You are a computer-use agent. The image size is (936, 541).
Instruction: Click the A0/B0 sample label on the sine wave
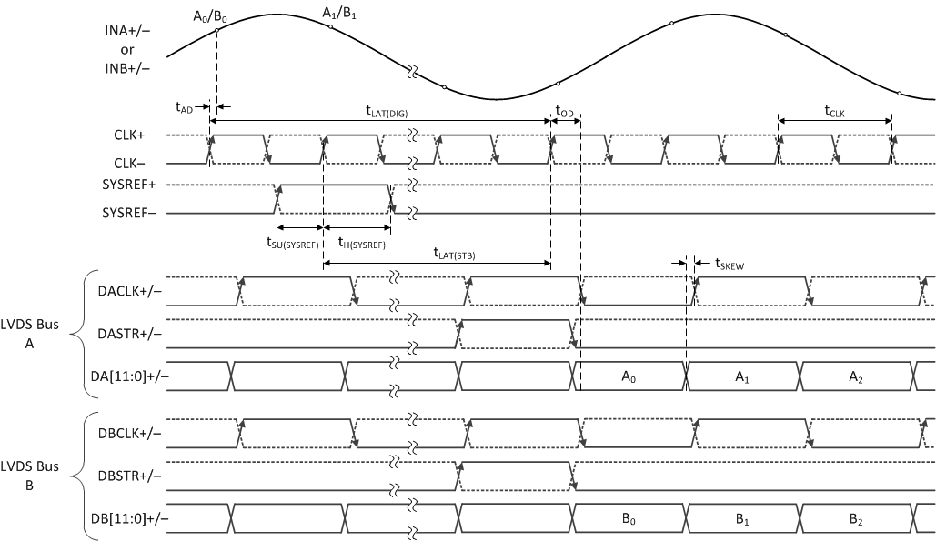point(209,15)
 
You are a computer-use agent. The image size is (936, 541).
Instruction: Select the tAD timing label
point(184,106)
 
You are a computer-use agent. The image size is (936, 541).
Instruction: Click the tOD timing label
point(564,111)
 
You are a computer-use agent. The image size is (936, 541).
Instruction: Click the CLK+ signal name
point(129,135)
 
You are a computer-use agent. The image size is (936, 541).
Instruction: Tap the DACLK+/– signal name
point(129,290)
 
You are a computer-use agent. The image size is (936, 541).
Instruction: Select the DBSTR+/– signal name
point(130,475)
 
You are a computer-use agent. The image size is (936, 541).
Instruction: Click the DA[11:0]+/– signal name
point(129,375)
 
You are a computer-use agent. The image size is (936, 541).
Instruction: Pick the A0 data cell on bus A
point(630,375)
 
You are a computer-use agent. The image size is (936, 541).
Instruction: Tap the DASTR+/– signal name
point(129,333)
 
